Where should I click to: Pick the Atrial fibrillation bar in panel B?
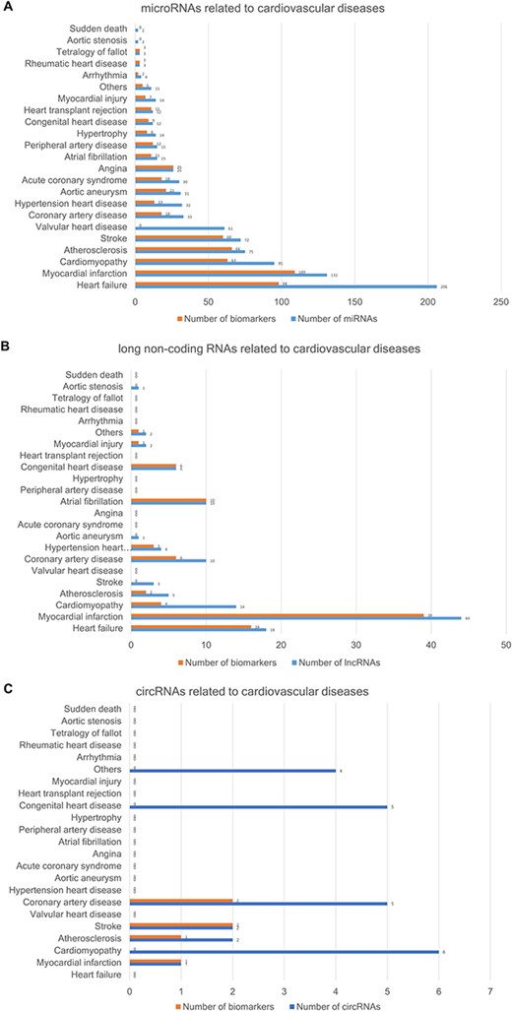click(168, 500)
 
